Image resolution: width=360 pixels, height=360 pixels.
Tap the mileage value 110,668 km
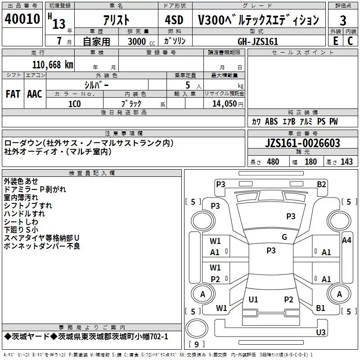(53, 64)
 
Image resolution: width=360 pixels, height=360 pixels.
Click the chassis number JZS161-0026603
(302, 144)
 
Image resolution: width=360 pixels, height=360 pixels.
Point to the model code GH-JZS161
(258, 41)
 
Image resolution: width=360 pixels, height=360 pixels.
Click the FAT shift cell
(13, 94)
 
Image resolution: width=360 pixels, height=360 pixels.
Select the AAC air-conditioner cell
(35, 94)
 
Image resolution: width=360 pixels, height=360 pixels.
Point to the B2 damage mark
(321, 184)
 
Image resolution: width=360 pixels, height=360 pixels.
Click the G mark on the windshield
(284, 237)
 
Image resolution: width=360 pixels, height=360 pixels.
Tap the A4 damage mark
(346, 240)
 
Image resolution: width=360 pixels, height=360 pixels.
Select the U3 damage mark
(320, 333)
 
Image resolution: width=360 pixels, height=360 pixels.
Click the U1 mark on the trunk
(253, 300)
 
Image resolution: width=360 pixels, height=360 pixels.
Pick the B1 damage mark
(320, 308)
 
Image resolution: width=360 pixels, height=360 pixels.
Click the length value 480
(273, 162)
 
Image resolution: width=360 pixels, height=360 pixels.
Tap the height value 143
(346, 162)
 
